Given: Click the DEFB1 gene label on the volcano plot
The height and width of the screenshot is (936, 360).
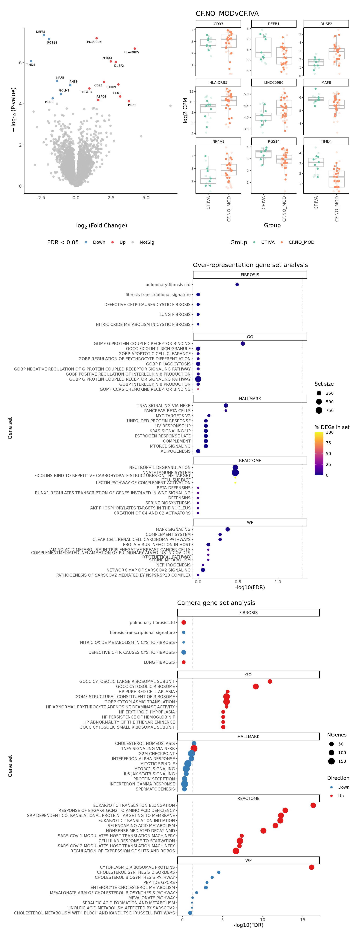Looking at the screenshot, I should tap(41, 32).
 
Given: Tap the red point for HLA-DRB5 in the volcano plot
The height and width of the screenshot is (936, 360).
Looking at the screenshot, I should tap(135, 49).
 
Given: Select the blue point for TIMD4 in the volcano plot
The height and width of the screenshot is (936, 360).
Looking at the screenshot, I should tap(31, 61).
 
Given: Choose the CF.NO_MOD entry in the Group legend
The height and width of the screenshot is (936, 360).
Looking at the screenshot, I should tap(301, 242).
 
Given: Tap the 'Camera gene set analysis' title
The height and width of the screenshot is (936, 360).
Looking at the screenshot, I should tap(216, 603).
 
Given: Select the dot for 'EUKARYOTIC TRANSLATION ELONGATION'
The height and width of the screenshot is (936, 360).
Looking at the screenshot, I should tap(313, 805).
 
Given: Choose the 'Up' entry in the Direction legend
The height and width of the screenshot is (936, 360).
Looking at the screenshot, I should tap(341, 796).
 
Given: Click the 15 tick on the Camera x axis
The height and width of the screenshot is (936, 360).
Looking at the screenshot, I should tap(303, 920).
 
